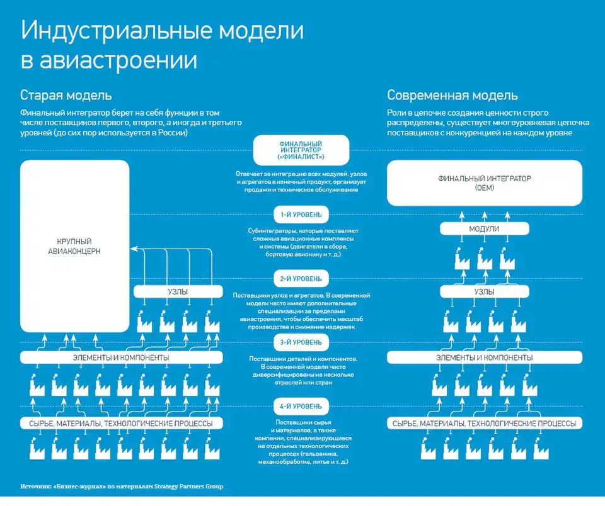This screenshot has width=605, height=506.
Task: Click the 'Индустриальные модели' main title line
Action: (x=163, y=31)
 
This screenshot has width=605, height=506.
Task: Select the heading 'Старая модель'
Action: (x=66, y=96)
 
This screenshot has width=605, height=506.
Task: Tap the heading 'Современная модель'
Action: (x=452, y=96)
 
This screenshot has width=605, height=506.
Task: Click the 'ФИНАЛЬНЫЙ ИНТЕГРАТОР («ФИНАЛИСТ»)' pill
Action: (x=301, y=150)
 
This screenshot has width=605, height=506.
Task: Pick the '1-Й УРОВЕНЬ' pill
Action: (x=301, y=215)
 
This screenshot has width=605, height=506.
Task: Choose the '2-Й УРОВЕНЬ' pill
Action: (x=301, y=278)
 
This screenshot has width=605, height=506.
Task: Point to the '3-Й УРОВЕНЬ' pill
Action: (x=301, y=342)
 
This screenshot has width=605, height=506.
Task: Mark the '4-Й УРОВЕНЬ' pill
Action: (x=301, y=405)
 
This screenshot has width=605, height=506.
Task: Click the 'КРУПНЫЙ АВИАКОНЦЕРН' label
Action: (x=74, y=247)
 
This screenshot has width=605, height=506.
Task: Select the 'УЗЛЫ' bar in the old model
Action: (x=179, y=292)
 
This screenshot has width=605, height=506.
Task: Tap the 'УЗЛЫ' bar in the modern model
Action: (x=484, y=292)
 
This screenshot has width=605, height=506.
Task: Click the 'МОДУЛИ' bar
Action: (x=484, y=229)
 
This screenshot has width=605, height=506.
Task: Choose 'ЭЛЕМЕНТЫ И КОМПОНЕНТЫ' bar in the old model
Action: (x=121, y=357)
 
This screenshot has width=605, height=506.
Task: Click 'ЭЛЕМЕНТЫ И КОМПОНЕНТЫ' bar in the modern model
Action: (x=484, y=357)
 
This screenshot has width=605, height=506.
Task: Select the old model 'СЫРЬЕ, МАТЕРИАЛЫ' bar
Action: (x=121, y=424)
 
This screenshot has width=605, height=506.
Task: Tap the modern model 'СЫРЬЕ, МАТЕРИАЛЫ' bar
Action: (x=484, y=424)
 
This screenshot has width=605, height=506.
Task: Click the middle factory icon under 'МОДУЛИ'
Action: (x=484, y=258)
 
